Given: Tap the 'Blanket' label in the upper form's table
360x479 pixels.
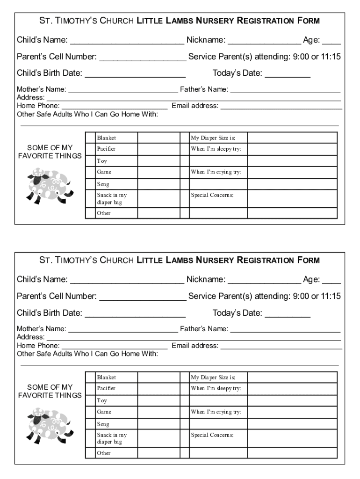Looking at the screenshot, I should pos(106,138).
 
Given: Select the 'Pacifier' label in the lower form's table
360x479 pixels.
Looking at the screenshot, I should pos(106,389).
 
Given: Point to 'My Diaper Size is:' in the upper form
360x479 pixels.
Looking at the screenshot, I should pos(213,138).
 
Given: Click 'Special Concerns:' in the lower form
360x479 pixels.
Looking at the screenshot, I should pos(212,435).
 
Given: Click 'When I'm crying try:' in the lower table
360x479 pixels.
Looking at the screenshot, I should pos(216,412).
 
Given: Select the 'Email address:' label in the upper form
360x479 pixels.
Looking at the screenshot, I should pos(195,106).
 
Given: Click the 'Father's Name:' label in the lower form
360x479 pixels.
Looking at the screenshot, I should pos(204,329).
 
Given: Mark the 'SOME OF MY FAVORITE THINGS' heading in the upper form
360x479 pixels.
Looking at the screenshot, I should pos(50,152).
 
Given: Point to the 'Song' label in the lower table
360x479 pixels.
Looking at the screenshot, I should pos(103,424).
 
